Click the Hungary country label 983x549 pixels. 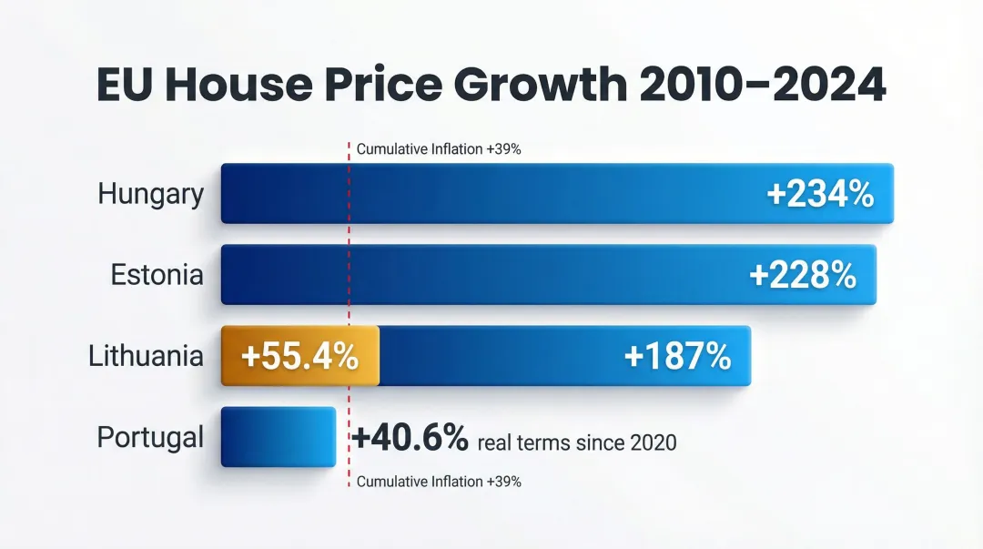(x=151, y=194)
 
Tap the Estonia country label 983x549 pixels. (x=157, y=274)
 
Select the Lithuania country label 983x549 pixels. (x=146, y=355)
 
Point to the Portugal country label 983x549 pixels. (x=150, y=437)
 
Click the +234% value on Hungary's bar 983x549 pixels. (x=819, y=194)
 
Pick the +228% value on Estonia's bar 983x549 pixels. (x=803, y=275)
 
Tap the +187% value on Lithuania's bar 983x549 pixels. (x=677, y=356)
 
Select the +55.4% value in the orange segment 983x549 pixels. (x=299, y=356)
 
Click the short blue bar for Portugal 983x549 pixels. (x=279, y=437)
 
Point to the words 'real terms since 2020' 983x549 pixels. (x=577, y=443)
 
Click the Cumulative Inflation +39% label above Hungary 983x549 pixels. (x=438, y=149)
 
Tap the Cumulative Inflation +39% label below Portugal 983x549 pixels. (x=438, y=482)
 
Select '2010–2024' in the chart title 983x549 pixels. (x=763, y=86)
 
